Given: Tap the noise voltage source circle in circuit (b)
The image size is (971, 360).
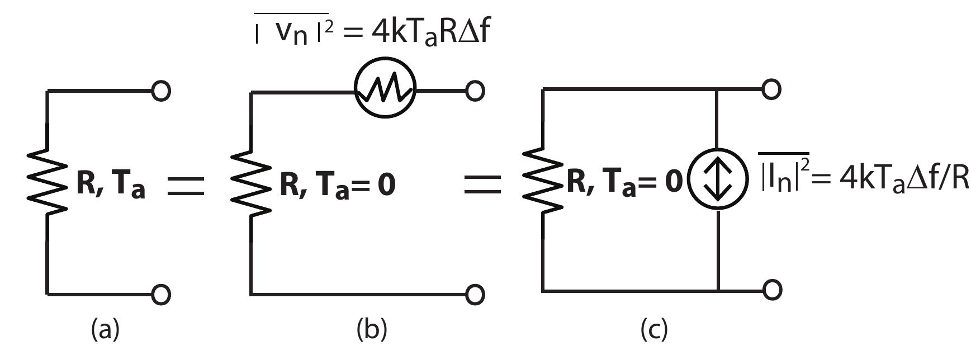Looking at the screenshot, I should pyautogui.click(x=386, y=91).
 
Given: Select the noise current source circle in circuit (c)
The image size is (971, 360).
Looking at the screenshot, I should pyautogui.click(x=717, y=179).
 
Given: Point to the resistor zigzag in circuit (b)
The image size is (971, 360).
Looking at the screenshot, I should pyautogui.click(x=251, y=184).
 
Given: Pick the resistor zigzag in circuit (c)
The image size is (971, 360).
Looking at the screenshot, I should pyautogui.click(x=543, y=179).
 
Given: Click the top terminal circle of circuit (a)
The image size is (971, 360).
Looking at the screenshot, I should pyautogui.click(x=161, y=91).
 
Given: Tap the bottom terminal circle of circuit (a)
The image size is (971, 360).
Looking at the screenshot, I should pyautogui.click(x=161, y=294).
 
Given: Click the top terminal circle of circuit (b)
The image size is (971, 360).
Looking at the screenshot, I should pyautogui.click(x=475, y=91).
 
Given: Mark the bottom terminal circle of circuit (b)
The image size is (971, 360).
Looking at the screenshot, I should pyautogui.click(x=475, y=294).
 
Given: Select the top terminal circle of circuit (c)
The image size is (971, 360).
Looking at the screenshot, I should pyautogui.click(x=771, y=89).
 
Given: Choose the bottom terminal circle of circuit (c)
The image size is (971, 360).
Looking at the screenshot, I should pyautogui.click(x=771, y=290).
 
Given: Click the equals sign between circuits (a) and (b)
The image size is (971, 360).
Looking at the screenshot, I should pyautogui.click(x=186, y=186).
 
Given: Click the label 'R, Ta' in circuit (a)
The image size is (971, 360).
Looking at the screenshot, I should pyautogui.click(x=110, y=185).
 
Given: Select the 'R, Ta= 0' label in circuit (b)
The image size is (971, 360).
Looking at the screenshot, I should pyautogui.click(x=337, y=185).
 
